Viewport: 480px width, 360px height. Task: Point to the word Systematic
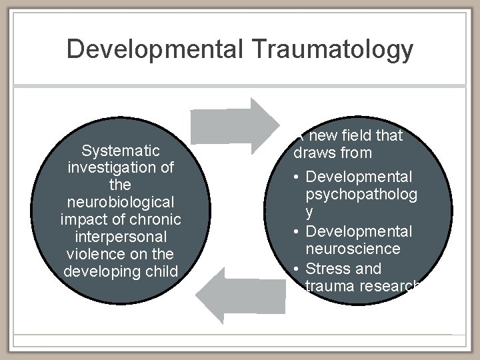coord(121,150)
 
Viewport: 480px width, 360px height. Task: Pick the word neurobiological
coord(121,202)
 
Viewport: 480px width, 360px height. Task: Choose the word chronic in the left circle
coord(157,219)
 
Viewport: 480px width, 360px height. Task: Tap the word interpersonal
coord(121,237)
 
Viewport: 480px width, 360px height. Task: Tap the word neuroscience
coord(353,249)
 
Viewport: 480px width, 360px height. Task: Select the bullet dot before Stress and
coord(297,269)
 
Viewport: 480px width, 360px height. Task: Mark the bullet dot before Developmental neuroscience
coord(297,232)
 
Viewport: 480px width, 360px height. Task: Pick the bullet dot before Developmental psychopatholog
coord(297,178)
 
